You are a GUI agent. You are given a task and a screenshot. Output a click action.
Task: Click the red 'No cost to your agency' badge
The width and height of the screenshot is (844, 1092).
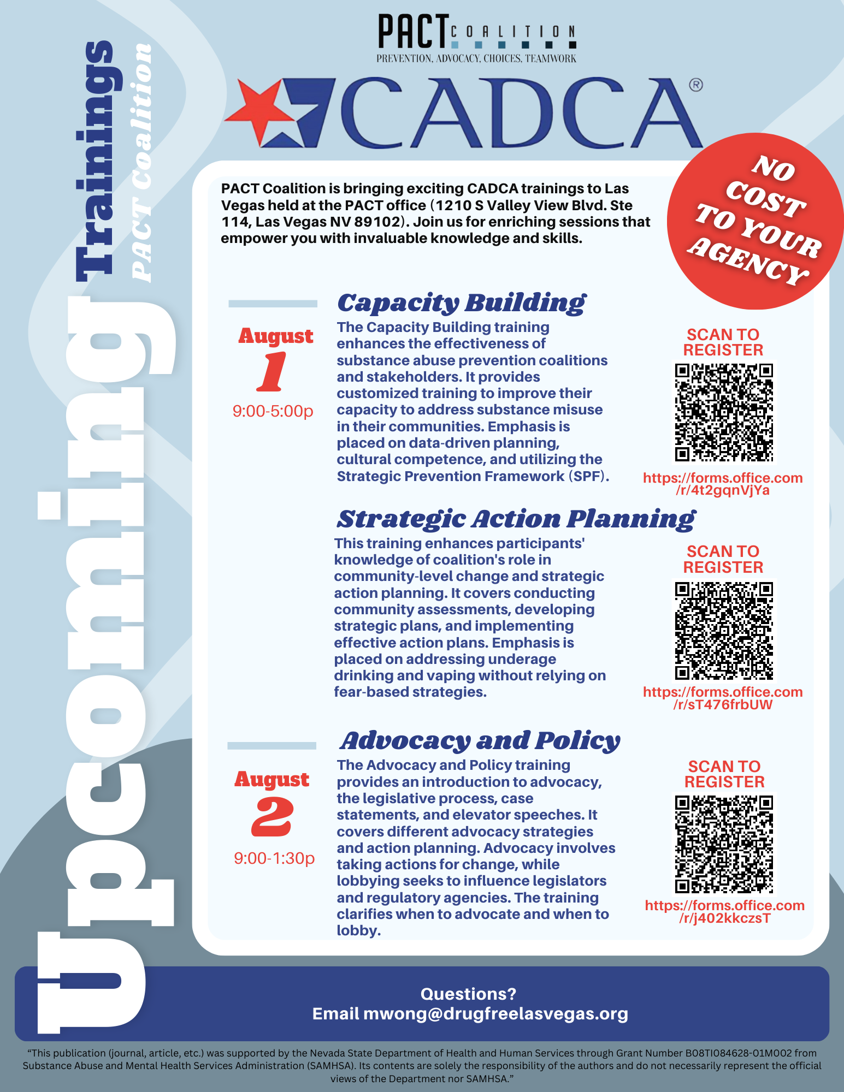tap(756, 221)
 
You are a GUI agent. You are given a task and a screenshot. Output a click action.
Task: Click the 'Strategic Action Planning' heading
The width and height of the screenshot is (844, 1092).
tap(516, 519)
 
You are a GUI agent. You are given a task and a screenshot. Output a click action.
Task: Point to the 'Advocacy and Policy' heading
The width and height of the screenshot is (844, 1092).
tap(480, 741)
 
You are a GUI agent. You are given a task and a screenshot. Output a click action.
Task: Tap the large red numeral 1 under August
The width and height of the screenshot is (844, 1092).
tap(272, 372)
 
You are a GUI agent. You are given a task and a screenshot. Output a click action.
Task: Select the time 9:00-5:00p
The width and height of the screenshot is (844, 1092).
tap(273, 411)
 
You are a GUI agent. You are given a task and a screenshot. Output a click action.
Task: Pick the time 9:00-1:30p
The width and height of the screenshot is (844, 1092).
tap(274, 858)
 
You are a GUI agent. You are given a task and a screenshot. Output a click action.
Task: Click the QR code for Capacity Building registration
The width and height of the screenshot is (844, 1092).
tap(724, 413)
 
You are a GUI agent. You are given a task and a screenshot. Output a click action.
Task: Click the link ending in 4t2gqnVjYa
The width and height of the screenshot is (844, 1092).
tap(723, 484)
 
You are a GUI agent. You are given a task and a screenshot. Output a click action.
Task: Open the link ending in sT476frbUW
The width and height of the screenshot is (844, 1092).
tap(723, 698)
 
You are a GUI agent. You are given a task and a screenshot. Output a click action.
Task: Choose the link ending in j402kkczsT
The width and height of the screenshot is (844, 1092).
tap(724, 912)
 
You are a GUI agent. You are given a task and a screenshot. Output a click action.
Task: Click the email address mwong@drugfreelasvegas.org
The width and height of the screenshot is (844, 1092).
tap(495, 1014)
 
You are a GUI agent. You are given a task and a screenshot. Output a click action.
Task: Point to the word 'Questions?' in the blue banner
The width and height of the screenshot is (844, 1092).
tap(468, 994)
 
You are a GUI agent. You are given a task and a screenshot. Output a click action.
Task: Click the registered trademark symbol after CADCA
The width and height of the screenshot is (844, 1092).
tap(695, 85)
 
